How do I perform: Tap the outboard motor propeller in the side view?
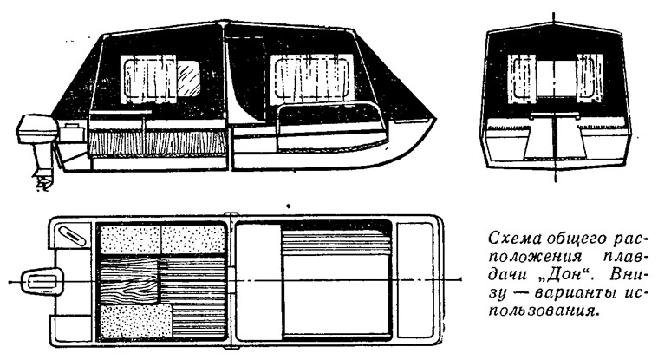point(42,182)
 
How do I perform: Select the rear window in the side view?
point(160,79)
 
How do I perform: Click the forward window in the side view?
point(312,80)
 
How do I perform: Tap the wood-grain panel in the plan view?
point(130,280)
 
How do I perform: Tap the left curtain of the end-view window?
point(522,80)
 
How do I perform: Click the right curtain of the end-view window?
point(590,79)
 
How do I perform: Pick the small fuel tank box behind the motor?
point(73,132)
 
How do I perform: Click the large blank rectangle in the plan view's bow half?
point(337,295)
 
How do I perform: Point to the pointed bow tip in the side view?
point(435,118)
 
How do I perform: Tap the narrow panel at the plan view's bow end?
point(414,281)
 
